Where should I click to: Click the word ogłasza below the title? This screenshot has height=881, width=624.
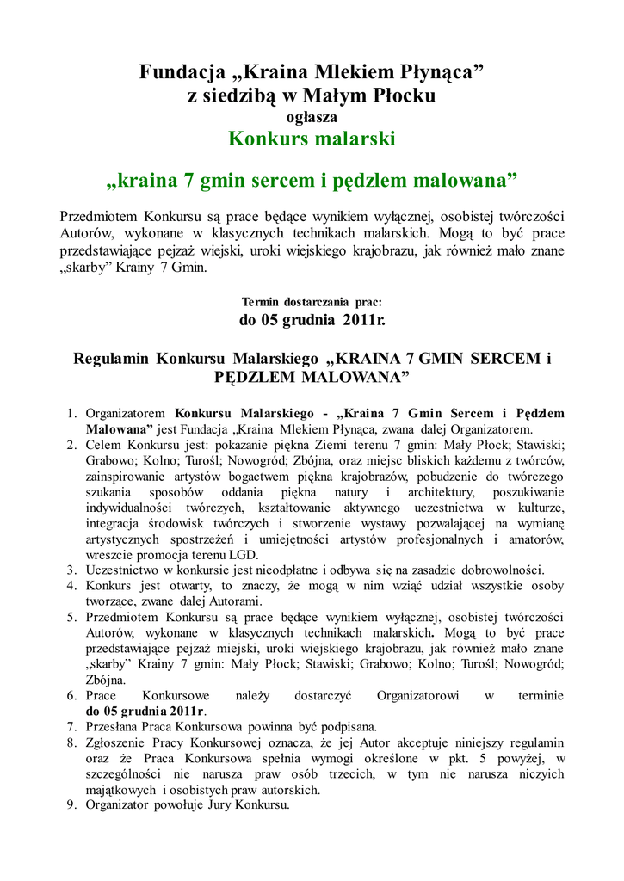(312, 117)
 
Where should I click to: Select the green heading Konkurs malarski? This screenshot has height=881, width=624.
(312, 139)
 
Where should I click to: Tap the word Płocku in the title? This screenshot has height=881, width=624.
(402, 95)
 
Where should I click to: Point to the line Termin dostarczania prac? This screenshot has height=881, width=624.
(312, 303)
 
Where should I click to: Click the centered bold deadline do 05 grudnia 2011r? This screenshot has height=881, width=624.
(312, 321)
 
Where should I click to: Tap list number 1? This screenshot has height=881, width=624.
(72, 413)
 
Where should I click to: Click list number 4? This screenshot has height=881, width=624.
(72, 586)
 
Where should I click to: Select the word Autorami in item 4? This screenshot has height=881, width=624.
(232, 601)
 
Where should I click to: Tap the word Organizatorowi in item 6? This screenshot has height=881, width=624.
(418, 695)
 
